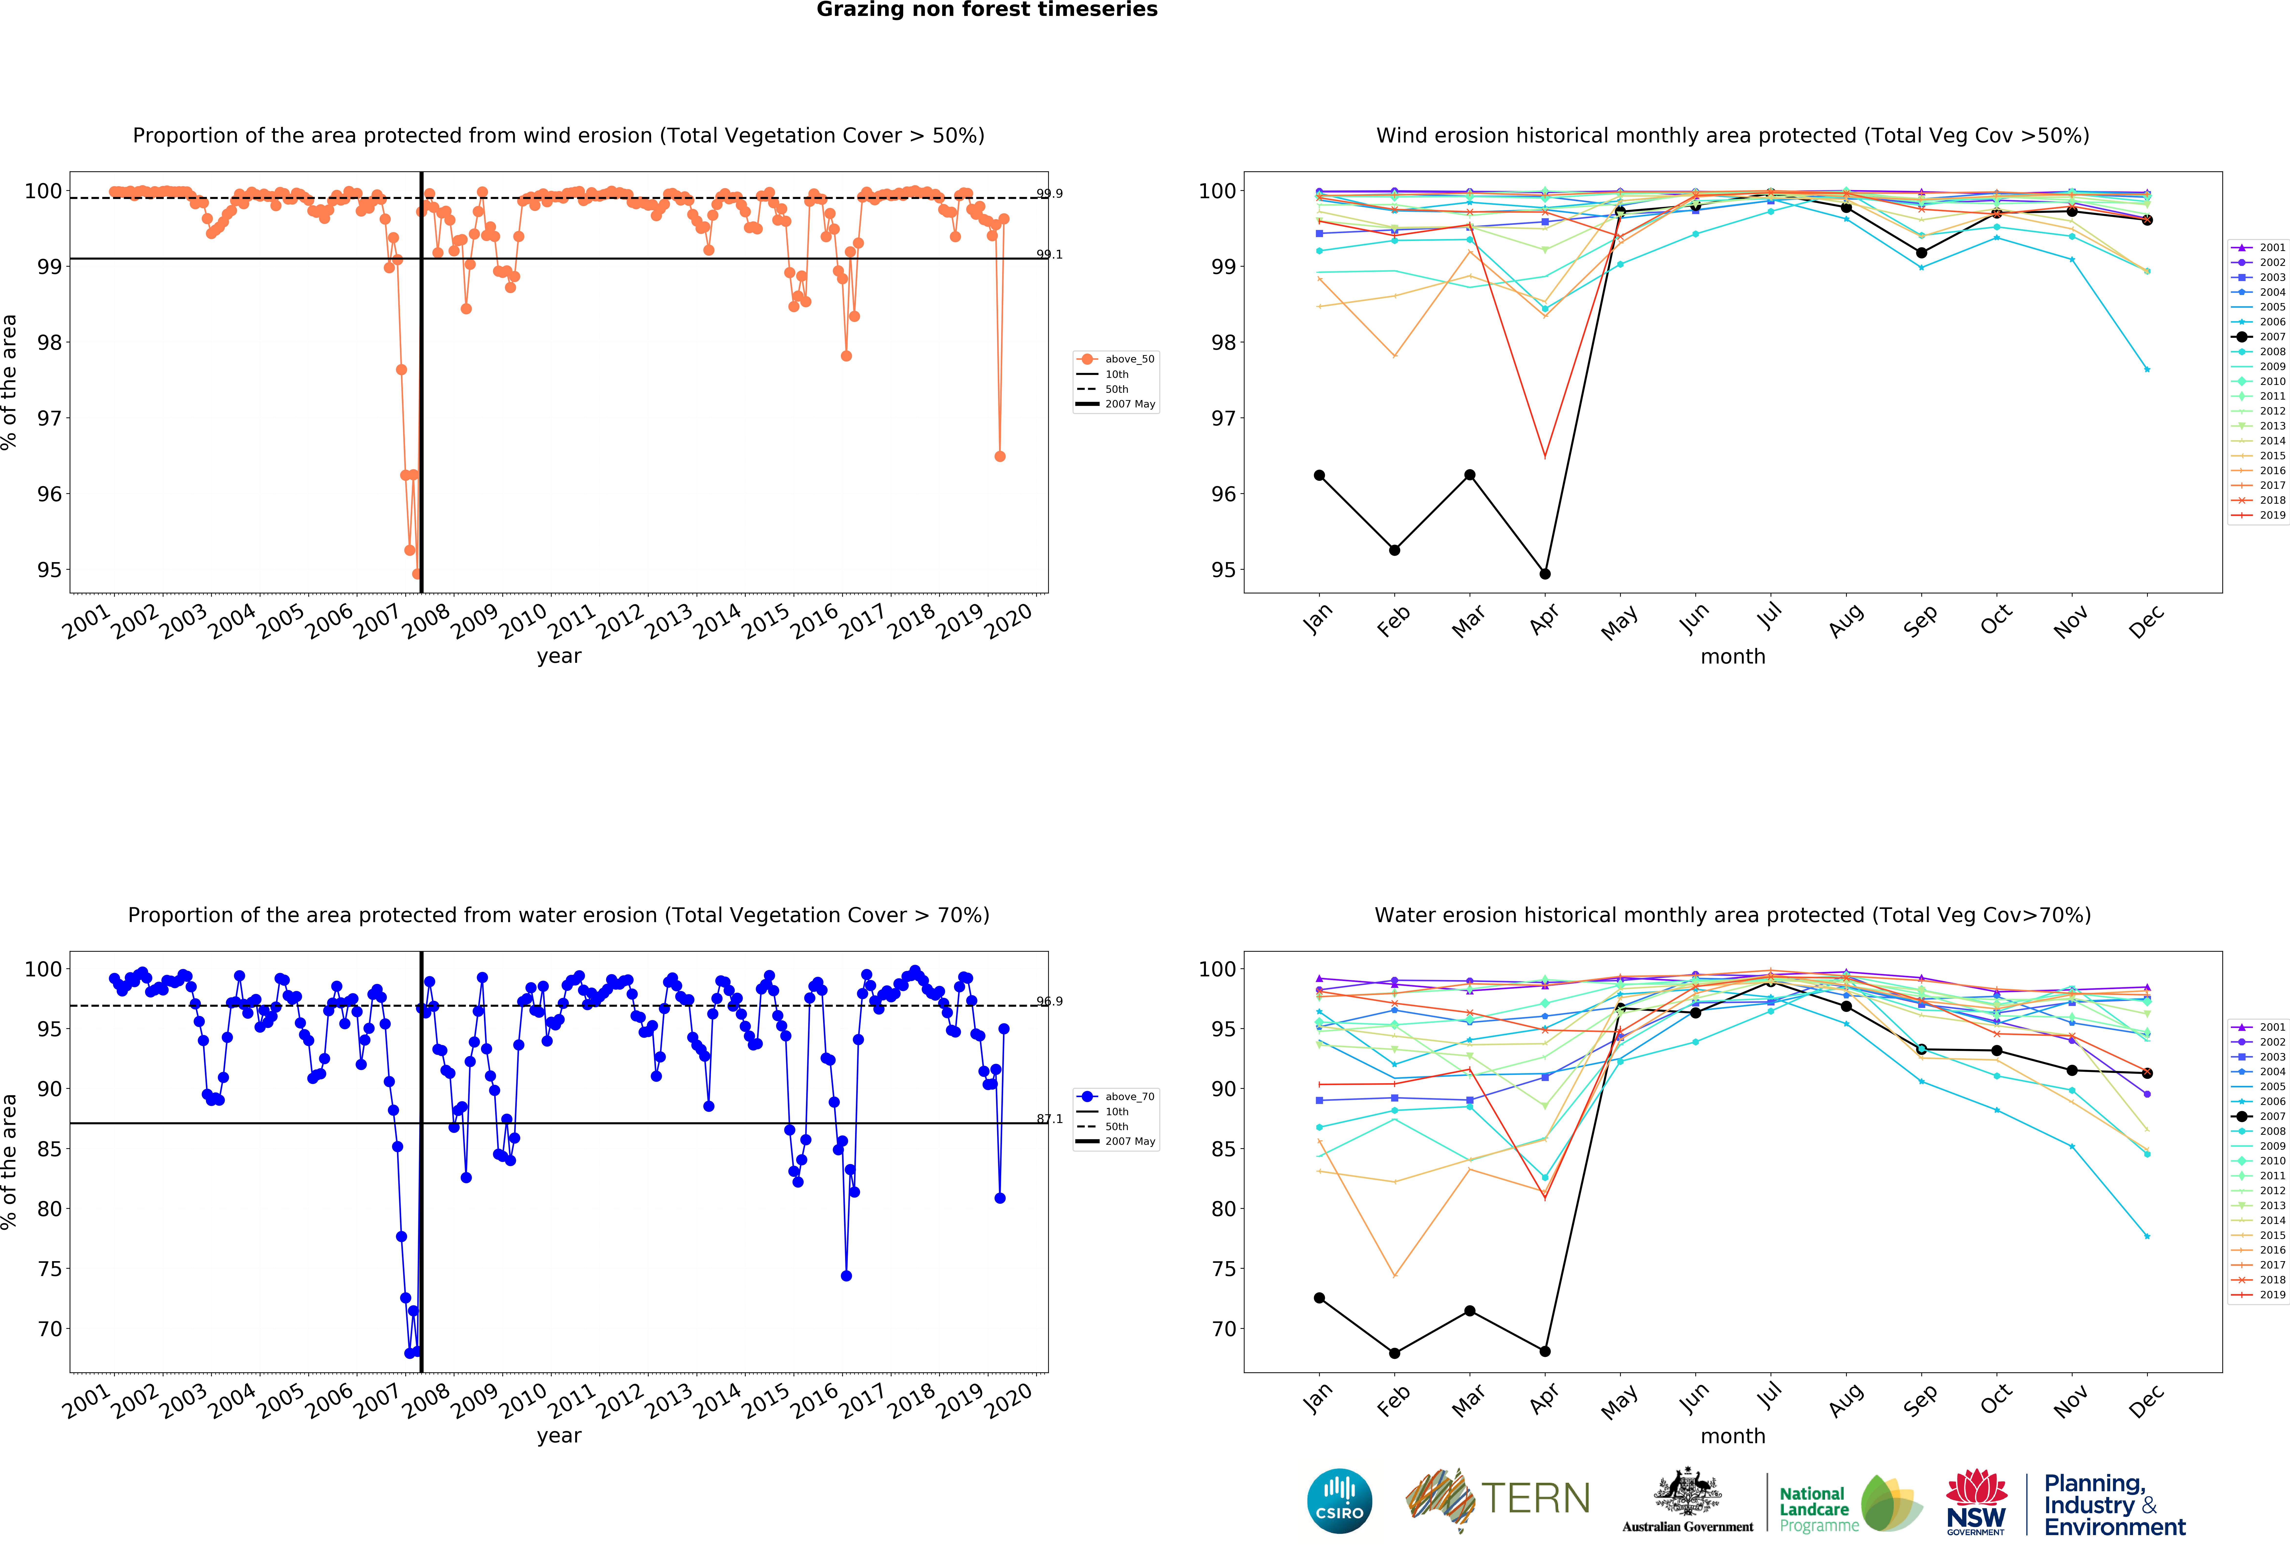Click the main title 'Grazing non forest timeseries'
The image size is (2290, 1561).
click(x=986, y=10)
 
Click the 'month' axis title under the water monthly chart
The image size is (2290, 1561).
click(x=1732, y=1436)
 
